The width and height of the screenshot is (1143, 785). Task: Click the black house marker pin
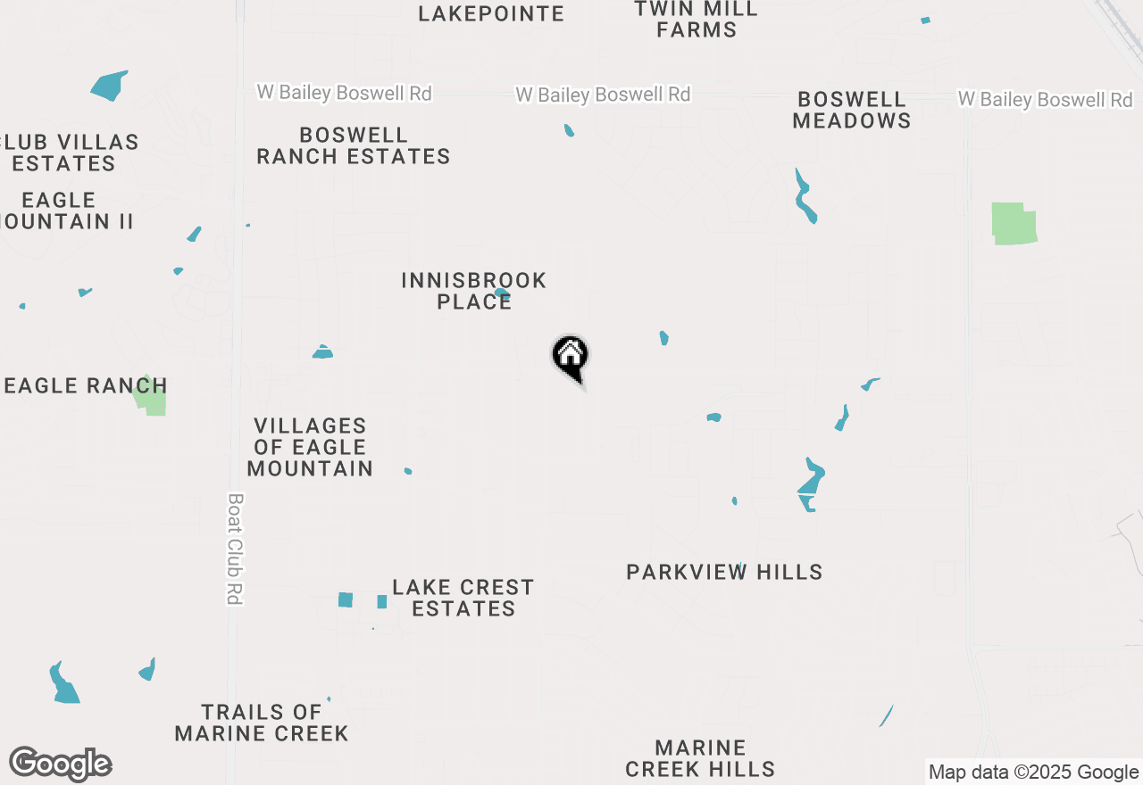[x=571, y=357]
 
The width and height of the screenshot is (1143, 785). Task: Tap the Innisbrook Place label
[x=473, y=291]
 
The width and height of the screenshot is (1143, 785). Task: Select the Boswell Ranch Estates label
[x=354, y=146]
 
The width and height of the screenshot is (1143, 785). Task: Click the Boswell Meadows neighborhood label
[x=852, y=110]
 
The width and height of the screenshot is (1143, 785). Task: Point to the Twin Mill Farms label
[x=697, y=19]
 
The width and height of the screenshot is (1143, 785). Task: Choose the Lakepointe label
[x=491, y=13]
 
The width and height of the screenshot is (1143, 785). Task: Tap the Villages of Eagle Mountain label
[x=310, y=447]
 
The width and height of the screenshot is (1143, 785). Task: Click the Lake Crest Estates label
[x=463, y=598]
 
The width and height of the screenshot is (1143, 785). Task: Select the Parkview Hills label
[x=724, y=572]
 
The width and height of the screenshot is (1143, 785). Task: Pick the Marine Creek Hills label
[x=700, y=758]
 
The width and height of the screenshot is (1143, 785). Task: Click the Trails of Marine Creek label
[x=262, y=723]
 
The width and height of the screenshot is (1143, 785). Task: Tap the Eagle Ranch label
[x=85, y=385]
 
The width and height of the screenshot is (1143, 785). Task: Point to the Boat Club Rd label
[x=236, y=549]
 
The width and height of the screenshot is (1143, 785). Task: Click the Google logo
[x=61, y=764]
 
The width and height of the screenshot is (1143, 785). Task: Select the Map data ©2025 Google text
[x=1033, y=773]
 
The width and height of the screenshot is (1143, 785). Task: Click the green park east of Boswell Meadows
[x=1014, y=223]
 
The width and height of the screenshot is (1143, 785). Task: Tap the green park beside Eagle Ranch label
[x=152, y=398]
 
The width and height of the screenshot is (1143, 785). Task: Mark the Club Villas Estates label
[x=68, y=153]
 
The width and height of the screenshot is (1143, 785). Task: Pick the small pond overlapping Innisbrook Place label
[x=502, y=293]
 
